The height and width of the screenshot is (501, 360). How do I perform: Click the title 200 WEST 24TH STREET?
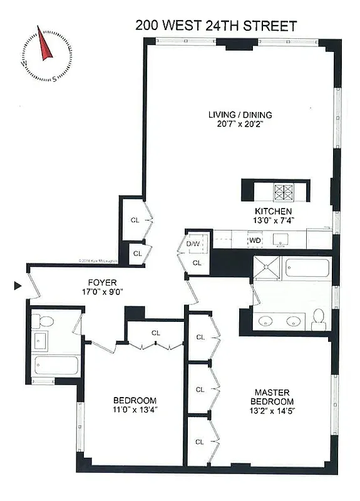point(216,26)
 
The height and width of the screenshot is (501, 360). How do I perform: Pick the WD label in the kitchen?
point(255,240)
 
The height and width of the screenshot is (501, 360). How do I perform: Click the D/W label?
point(193,243)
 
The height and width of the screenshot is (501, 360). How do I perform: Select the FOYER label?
point(102,282)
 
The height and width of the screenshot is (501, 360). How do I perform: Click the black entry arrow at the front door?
point(18,286)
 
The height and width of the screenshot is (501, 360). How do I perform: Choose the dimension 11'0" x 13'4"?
point(135,410)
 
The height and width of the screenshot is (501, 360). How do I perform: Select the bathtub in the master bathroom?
point(305,269)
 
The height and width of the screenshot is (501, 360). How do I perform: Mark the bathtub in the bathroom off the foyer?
point(56,365)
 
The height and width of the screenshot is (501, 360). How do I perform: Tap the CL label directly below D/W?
point(197,262)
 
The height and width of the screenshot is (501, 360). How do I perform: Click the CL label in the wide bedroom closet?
point(155,333)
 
